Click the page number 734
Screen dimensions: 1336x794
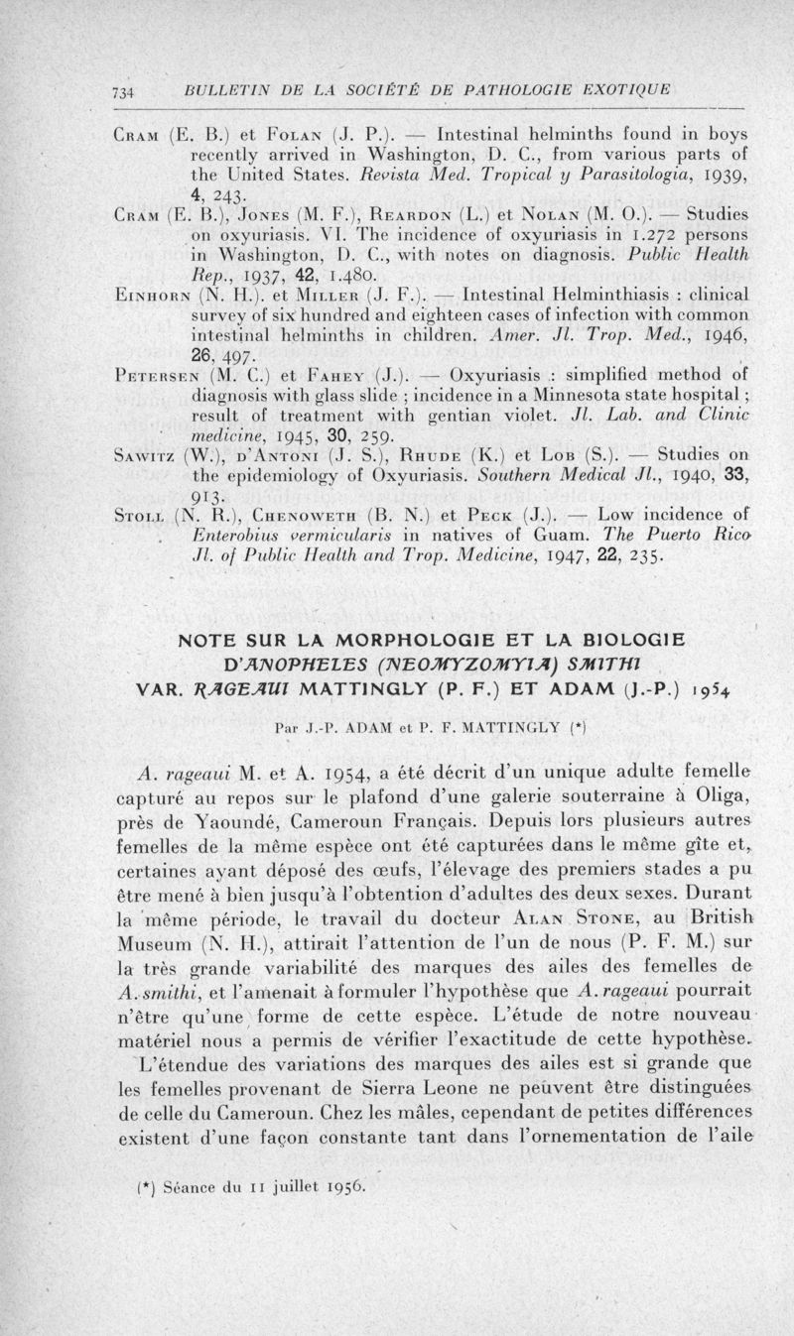tap(123, 92)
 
